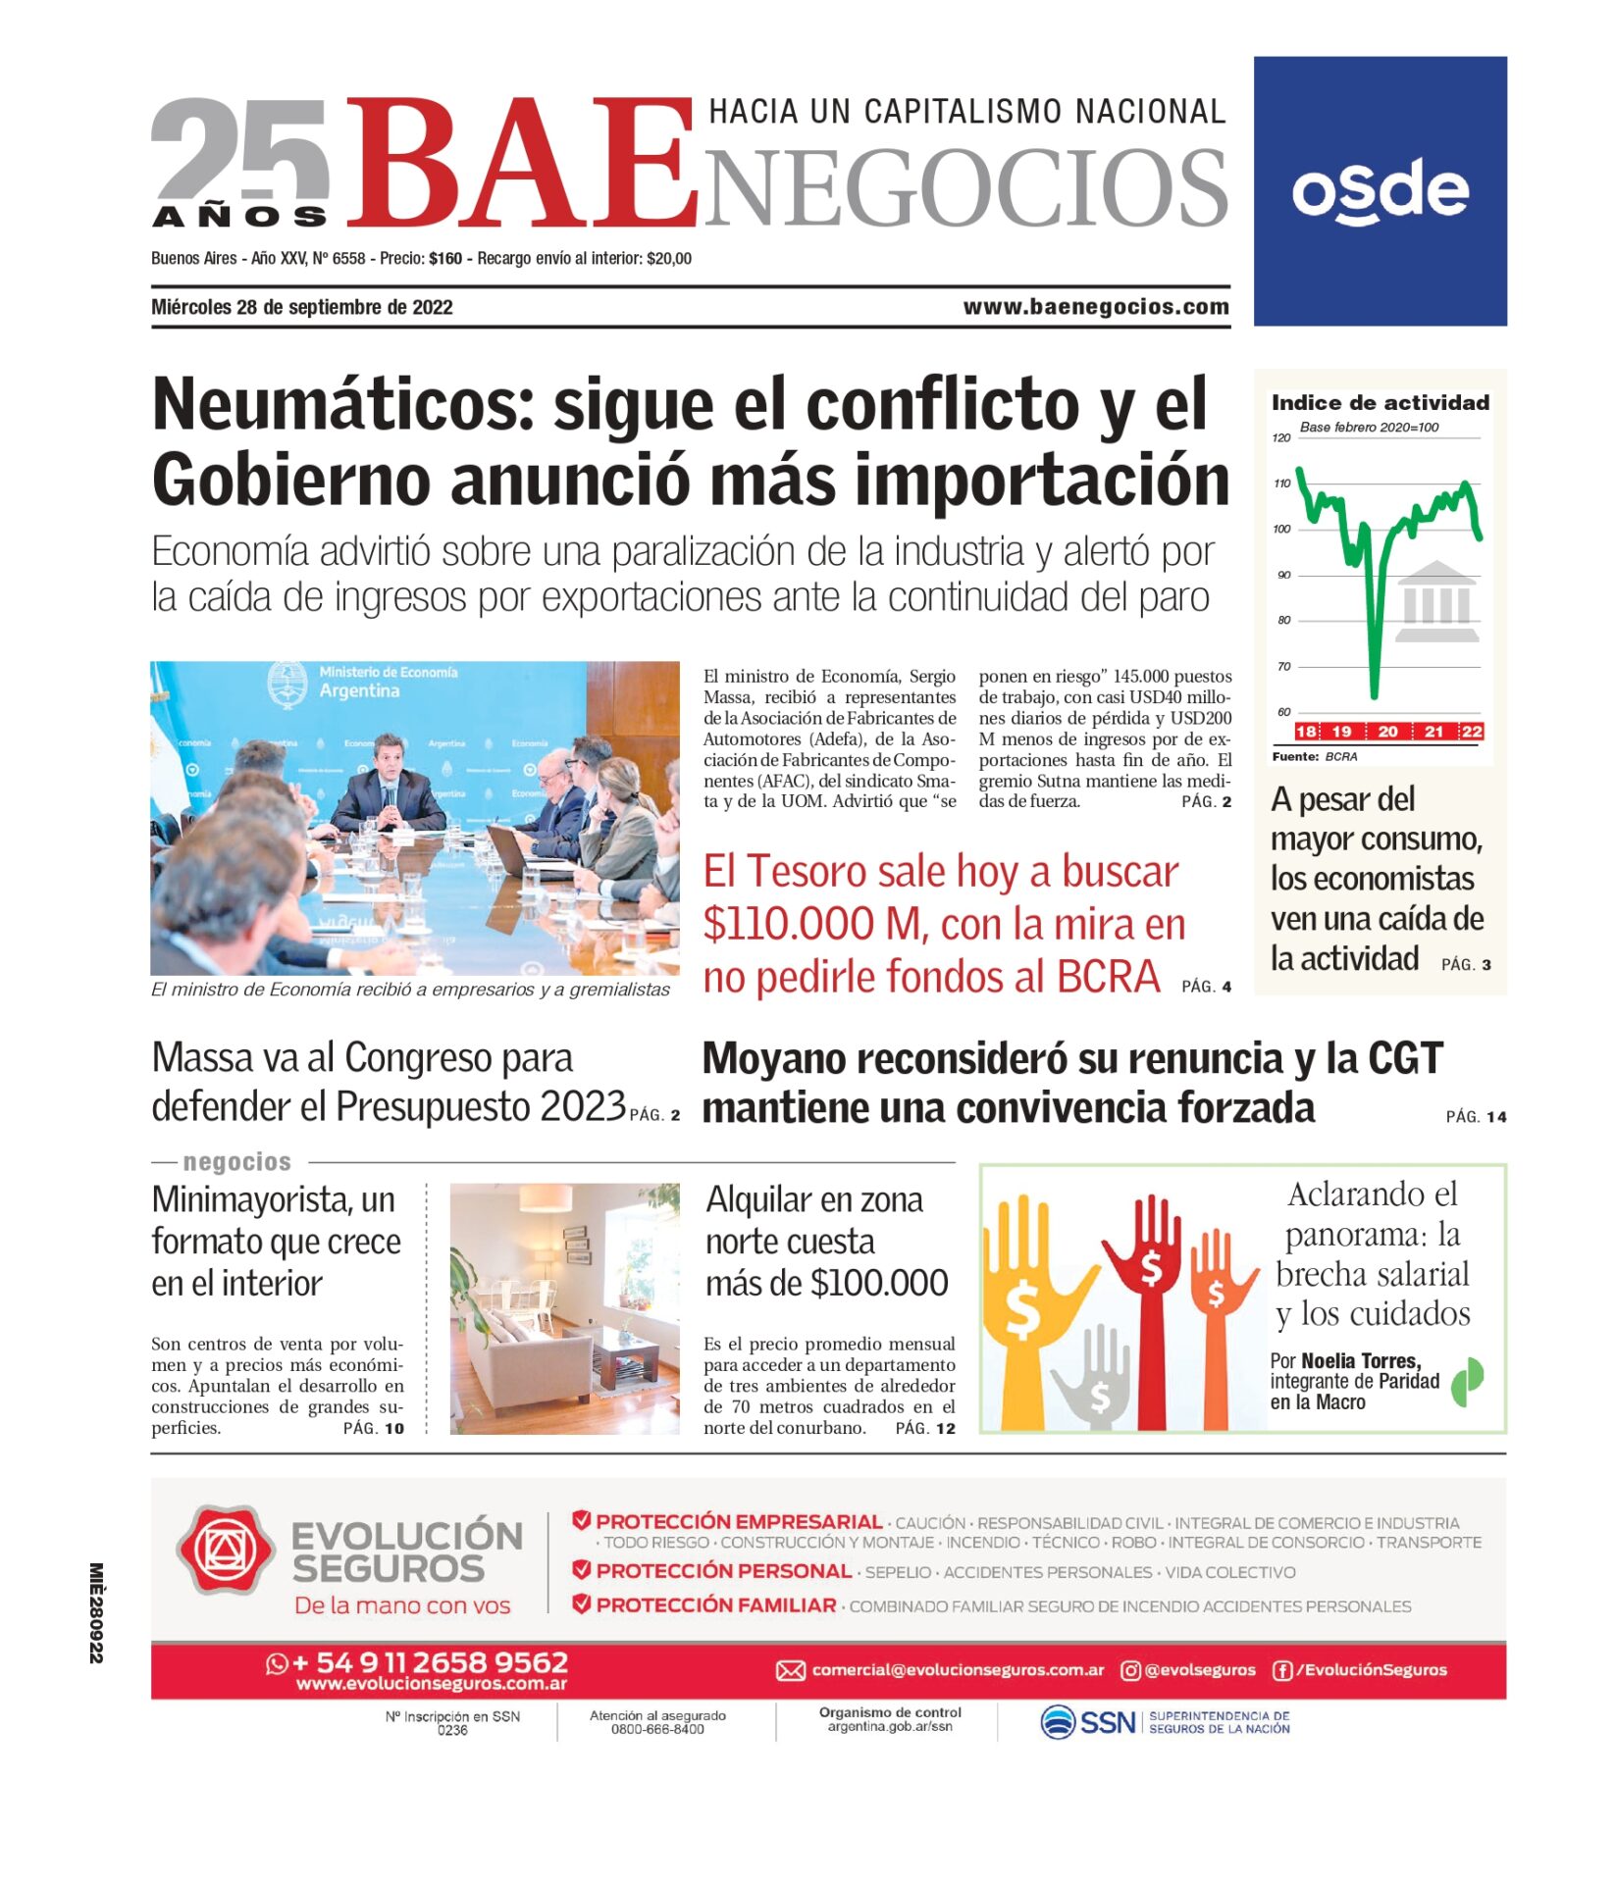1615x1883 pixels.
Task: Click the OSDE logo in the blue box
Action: click(1380, 190)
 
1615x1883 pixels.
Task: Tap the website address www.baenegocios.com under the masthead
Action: click(1095, 307)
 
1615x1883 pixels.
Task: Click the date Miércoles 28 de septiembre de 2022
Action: click(302, 307)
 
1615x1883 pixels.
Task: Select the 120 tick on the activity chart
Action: click(1280, 437)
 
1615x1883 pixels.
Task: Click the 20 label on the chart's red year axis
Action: click(1387, 732)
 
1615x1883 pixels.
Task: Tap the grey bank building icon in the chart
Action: click(1436, 601)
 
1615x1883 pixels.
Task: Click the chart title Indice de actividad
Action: click(1380, 402)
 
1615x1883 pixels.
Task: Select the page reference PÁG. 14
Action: click(1475, 1116)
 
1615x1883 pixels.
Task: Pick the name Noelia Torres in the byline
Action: click(1360, 1360)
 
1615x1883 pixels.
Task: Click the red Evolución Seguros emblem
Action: click(226, 1550)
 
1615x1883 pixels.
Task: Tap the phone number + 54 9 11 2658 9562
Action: click(429, 1662)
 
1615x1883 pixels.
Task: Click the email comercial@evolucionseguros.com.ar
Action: click(957, 1670)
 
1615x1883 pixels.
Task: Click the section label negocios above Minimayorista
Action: click(236, 1162)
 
